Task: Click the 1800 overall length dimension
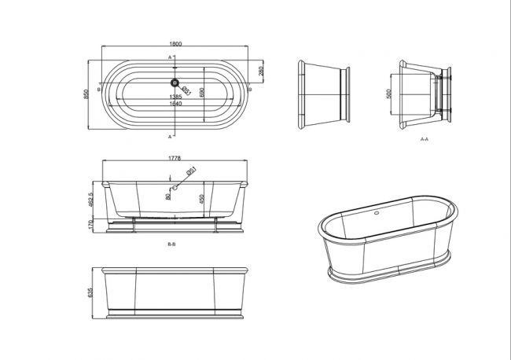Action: (175, 44)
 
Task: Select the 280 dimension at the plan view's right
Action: (261, 71)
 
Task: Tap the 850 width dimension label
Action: (86, 94)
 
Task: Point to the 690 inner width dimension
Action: (202, 93)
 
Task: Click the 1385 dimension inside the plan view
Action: (175, 97)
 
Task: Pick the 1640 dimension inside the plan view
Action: (175, 104)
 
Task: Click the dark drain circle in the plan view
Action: (175, 83)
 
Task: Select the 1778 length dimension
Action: (175, 158)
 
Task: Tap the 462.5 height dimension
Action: (91, 200)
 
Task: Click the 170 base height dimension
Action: (91, 224)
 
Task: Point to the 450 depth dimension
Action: (202, 199)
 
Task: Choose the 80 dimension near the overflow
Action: (167, 197)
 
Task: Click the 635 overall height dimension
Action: (90, 292)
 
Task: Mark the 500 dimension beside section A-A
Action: (388, 94)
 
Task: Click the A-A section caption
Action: (425, 139)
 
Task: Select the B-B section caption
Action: (171, 244)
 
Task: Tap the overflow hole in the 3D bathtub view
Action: (377, 213)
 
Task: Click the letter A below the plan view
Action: (170, 137)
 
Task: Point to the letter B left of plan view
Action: (99, 90)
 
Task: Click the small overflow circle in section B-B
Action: (175, 188)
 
